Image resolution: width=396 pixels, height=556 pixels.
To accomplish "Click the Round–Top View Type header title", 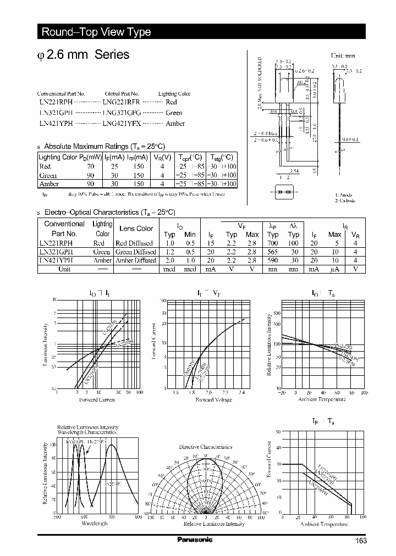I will click(x=96, y=32).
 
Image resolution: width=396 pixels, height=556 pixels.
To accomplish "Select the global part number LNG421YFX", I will click(x=122, y=124).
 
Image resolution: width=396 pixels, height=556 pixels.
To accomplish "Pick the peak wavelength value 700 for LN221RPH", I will click(x=273, y=243).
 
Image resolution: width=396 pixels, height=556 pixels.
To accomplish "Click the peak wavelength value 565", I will click(x=273, y=252).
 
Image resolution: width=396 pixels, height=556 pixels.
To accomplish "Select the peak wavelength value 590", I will click(x=273, y=260).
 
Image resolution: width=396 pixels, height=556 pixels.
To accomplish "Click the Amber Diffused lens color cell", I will click(x=136, y=260).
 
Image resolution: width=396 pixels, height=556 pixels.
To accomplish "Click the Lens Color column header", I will click(x=136, y=229).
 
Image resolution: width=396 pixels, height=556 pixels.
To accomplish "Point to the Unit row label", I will click(x=64, y=269).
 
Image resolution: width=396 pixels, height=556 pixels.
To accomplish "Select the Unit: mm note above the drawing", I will click(x=343, y=56).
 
